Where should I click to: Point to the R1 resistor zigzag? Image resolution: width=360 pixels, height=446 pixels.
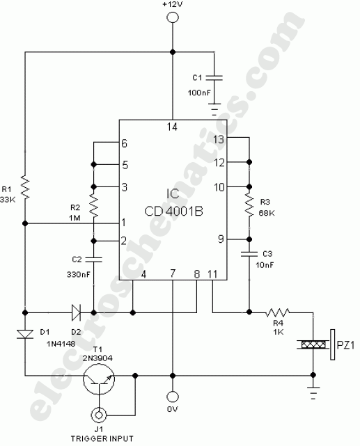[25, 186]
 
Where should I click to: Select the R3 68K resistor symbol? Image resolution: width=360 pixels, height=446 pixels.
[249, 203]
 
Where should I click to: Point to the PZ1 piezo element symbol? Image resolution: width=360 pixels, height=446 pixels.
[312, 343]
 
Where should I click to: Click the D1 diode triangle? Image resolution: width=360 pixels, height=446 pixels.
[25, 335]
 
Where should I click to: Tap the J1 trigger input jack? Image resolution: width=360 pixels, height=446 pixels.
[101, 416]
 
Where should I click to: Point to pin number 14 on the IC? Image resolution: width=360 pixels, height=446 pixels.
[171, 127]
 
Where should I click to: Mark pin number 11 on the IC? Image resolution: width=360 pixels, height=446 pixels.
[212, 274]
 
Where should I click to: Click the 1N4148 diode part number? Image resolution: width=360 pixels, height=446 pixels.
[78, 341]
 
